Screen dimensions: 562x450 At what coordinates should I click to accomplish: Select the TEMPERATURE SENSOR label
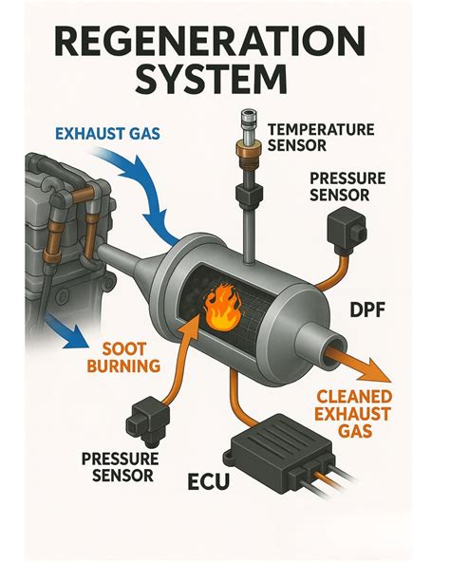click(322, 137)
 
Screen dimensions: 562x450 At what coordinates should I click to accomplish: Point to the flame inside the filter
click(223, 306)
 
